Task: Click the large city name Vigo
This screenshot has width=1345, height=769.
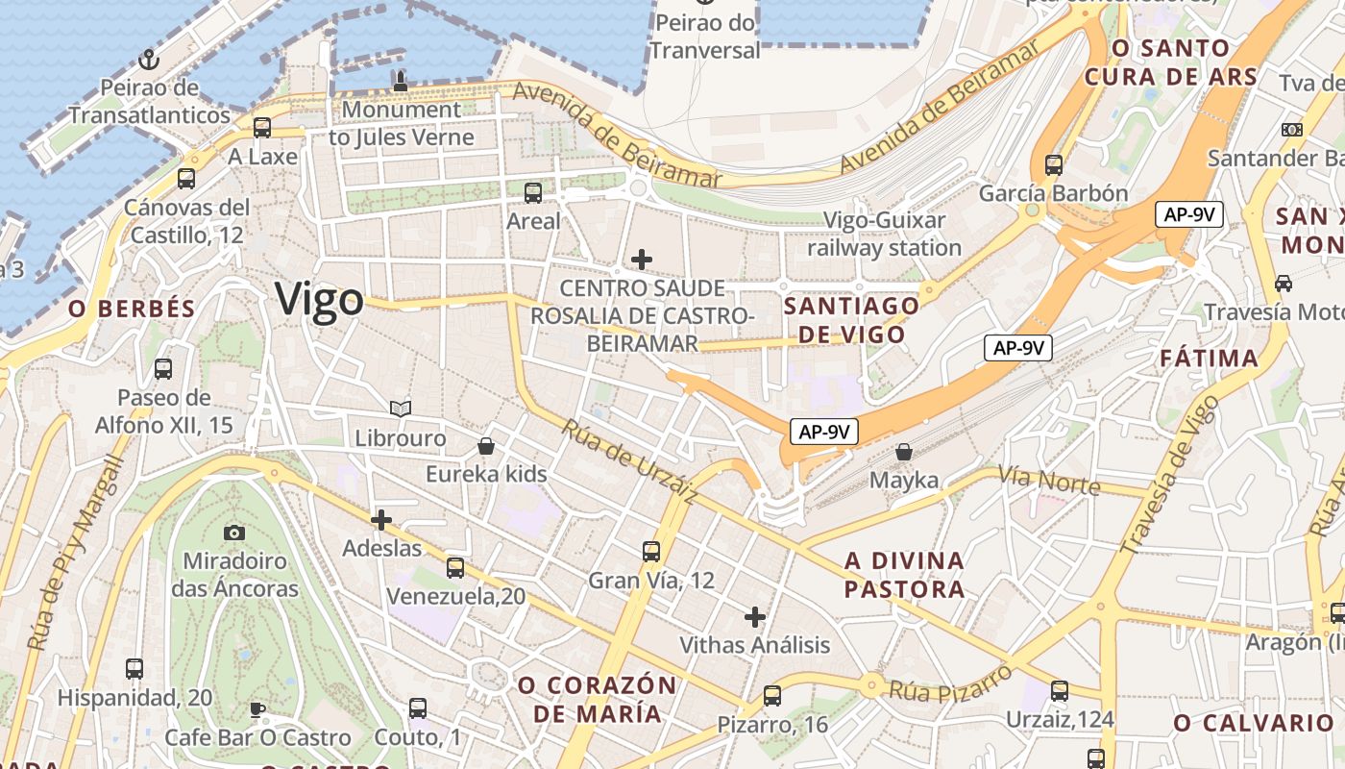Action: pyautogui.click(x=319, y=300)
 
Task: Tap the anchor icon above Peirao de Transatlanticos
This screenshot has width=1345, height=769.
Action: pyautogui.click(x=148, y=61)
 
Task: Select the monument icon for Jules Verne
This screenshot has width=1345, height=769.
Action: pyautogui.click(x=401, y=82)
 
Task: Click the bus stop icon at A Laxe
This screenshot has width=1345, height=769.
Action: pyautogui.click(x=262, y=128)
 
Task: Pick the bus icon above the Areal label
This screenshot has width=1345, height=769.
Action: pyautogui.click(x=533, y=193)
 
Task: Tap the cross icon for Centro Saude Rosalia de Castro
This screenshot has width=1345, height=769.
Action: pyautogui.click(x=642, y=259)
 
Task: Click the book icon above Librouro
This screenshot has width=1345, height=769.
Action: pyautogui.click(x=401, y=409)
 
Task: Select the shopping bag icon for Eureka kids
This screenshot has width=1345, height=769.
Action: pyautogui.click(x=486, y=446)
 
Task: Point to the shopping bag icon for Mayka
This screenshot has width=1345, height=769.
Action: pyautogui.click(x=904, y=452)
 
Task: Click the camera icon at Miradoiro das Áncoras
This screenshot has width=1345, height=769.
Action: pyautogui.click(x=234, y=533)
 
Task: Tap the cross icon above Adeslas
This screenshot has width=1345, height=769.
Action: pyautogui.click(x=381, y=520)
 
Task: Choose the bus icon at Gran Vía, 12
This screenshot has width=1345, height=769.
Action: pyautogui.click(x=651, y=552)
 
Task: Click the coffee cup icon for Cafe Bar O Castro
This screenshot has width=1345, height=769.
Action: pyautogui.click(x=257, y=709)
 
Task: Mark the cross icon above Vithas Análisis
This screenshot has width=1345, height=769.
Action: pyautogui.click(x=755, y=616)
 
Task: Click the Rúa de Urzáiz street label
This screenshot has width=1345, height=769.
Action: pyautogui.click(x=629, y=461)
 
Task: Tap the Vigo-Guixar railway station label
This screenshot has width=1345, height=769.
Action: pyautogui.click(x=884, y=234)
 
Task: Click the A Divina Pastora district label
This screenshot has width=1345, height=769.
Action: pyautogui.click(x=904, y=574)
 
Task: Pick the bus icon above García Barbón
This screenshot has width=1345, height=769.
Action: pyautogui.click(x=1054, y=165)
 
